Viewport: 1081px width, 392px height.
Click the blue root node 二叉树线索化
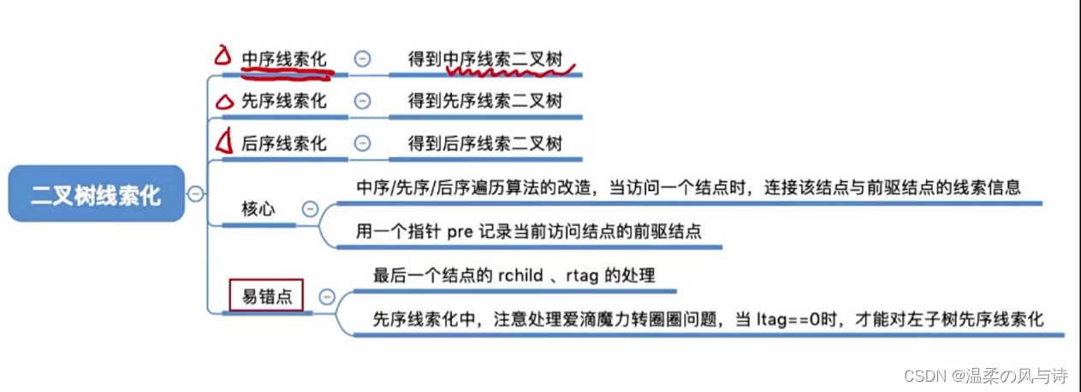96,194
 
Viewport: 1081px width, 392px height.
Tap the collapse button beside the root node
195,194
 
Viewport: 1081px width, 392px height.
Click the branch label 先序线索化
284,101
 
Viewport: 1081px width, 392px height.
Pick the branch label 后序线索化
284,144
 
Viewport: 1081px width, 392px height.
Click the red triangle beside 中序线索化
223,56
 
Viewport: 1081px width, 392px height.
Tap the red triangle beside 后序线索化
224,140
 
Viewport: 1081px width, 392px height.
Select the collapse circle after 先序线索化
362,101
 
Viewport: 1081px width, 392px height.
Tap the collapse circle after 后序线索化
362,144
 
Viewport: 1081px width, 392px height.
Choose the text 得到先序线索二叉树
485,101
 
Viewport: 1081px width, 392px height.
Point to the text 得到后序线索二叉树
485,144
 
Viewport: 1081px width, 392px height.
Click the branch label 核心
258,209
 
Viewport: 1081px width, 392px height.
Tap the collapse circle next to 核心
310,209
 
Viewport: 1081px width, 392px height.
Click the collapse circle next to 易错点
326,297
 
